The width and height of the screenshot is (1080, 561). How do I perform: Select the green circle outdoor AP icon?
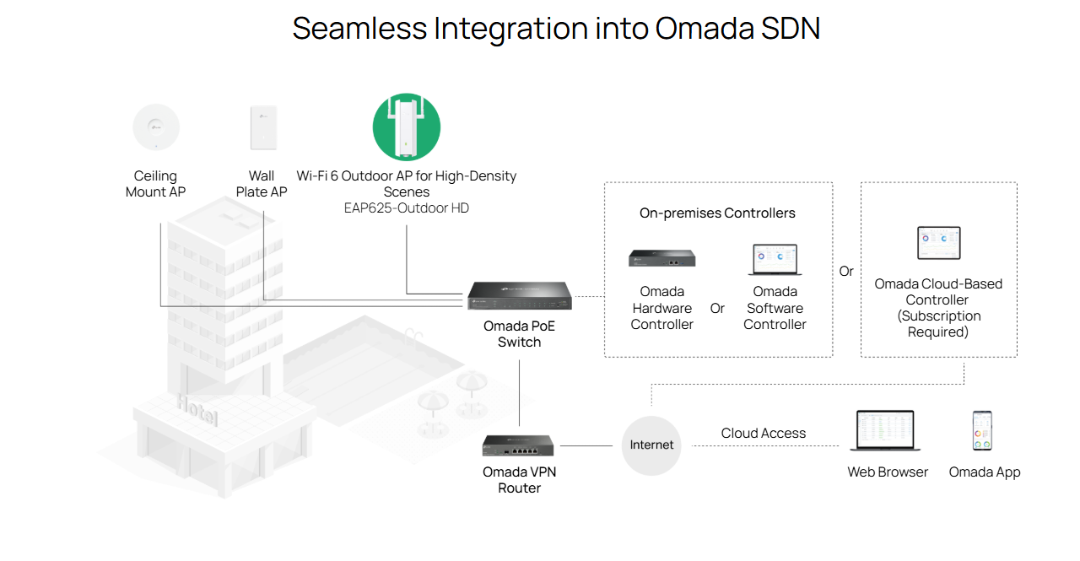click(407, 127)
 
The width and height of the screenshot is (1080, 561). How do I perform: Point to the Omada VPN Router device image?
click(519, 445)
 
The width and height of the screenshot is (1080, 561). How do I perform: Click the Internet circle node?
click(651, 445)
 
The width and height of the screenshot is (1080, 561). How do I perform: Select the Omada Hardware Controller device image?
click(661, 258)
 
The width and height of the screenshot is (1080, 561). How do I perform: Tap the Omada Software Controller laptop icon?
click(775, 259)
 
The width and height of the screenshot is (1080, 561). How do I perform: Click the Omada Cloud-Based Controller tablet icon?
click(938, 243)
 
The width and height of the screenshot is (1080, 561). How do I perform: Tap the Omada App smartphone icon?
click(982, 431)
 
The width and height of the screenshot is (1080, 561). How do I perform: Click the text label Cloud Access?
click(763, 434)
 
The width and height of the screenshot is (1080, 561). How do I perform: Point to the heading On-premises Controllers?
click(717, 213)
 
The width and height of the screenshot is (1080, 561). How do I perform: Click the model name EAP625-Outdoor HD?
click(407, 208)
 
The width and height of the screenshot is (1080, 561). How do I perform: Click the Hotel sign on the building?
click(197, 411)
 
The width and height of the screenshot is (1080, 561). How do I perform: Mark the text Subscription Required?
click(938, 324)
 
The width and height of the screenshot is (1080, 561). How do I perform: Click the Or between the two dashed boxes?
click(846, 272)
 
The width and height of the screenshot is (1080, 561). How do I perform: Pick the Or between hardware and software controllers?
click(717, 309)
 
